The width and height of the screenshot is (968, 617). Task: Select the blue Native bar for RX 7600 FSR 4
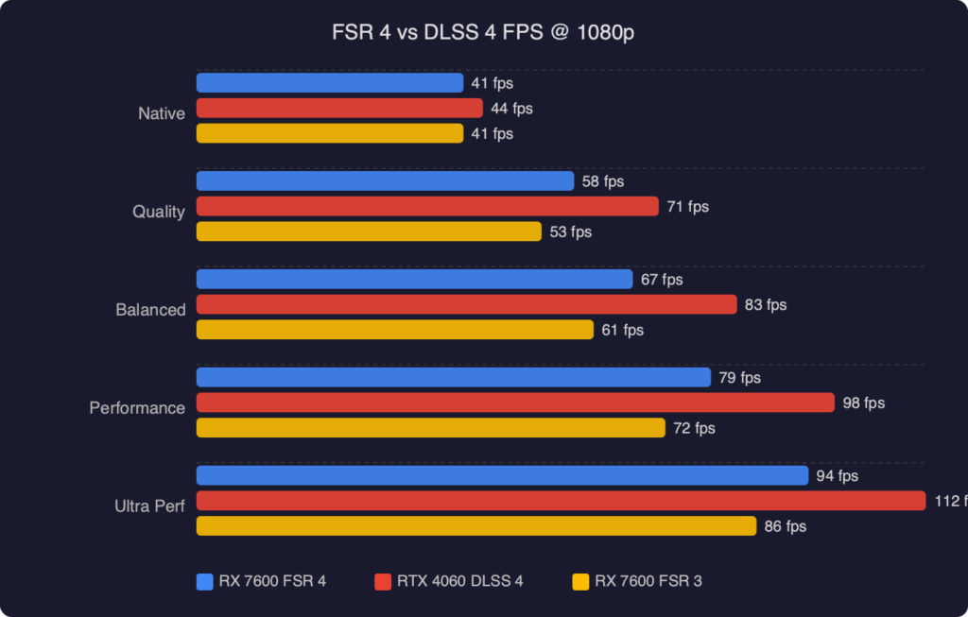pyautogui.click(x=329, y=83)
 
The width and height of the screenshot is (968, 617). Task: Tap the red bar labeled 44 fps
pyautogui.click(x=339, y=109)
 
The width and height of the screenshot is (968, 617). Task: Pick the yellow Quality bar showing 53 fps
pyautogui.click(x=369, y=231)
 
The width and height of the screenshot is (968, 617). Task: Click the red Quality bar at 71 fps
pyautogui.click(x=426, y=206)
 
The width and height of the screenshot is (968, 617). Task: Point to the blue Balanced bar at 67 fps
pyautogui.click(x=414, y=280)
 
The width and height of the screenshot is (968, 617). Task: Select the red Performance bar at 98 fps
pyautogui.click(x=515, y=403)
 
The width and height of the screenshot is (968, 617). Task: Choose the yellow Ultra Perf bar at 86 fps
pyautogui.click(x=475, y=526)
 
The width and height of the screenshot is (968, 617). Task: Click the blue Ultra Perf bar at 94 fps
pyautogui.click(x=502, y=475)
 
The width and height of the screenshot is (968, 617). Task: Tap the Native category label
pyautogui.click(x=162, y=113)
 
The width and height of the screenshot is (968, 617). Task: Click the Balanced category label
pyautogui.click(x=150, y=310)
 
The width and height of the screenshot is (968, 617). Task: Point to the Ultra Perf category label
pyautogui.click(x=149, y=506)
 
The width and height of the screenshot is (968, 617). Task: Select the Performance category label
pyautogui.click(x=137, y=408)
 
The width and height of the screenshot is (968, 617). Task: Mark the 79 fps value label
pyautogui.click(x=739, y=378)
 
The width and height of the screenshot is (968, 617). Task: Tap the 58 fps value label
pyautogui.click(x=603, y=181)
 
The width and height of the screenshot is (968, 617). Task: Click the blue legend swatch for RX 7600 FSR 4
pyautogui.click(x=205, y=581)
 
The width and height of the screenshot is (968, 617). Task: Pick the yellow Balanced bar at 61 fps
pyautogui.click(x=394, y=330)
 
